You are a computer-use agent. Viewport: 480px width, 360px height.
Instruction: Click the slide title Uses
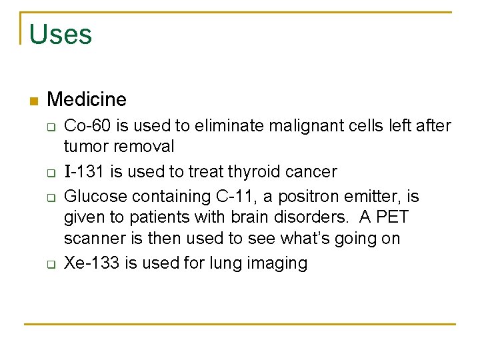click(61, 35)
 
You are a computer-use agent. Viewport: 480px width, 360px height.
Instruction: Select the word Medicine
click(87, 100)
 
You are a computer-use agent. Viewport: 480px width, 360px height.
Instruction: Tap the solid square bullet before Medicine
click(34, 101)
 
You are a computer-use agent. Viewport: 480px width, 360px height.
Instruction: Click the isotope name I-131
click(85, 172)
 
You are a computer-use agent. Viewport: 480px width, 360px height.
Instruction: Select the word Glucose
click(95, 197)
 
